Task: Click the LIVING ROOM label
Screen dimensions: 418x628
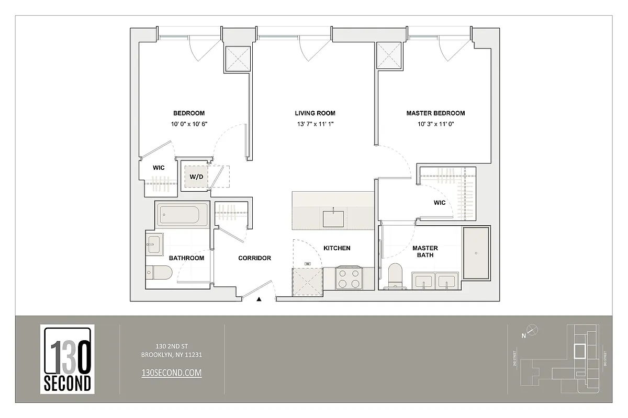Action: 315,113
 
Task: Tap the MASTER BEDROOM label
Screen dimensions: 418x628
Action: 435,113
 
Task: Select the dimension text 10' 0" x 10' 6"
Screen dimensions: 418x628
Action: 189,124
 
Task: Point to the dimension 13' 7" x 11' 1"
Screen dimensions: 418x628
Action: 315,124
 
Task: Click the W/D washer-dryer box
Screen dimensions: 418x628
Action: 196,177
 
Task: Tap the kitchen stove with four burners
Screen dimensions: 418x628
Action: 349,278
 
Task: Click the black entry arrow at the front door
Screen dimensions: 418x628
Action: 259,299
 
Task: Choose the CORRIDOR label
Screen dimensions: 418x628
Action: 254,258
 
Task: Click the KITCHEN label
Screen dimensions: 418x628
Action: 337,248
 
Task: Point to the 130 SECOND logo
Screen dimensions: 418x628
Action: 67,359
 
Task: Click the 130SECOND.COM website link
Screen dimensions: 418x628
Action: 172,373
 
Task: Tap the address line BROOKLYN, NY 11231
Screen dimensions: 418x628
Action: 172,355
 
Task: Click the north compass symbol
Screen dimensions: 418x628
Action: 532,330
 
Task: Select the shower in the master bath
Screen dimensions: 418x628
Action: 476,253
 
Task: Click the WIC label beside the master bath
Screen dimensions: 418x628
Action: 440,203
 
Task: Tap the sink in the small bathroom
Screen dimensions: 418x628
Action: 154,243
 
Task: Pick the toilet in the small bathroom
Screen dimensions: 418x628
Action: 159,272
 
